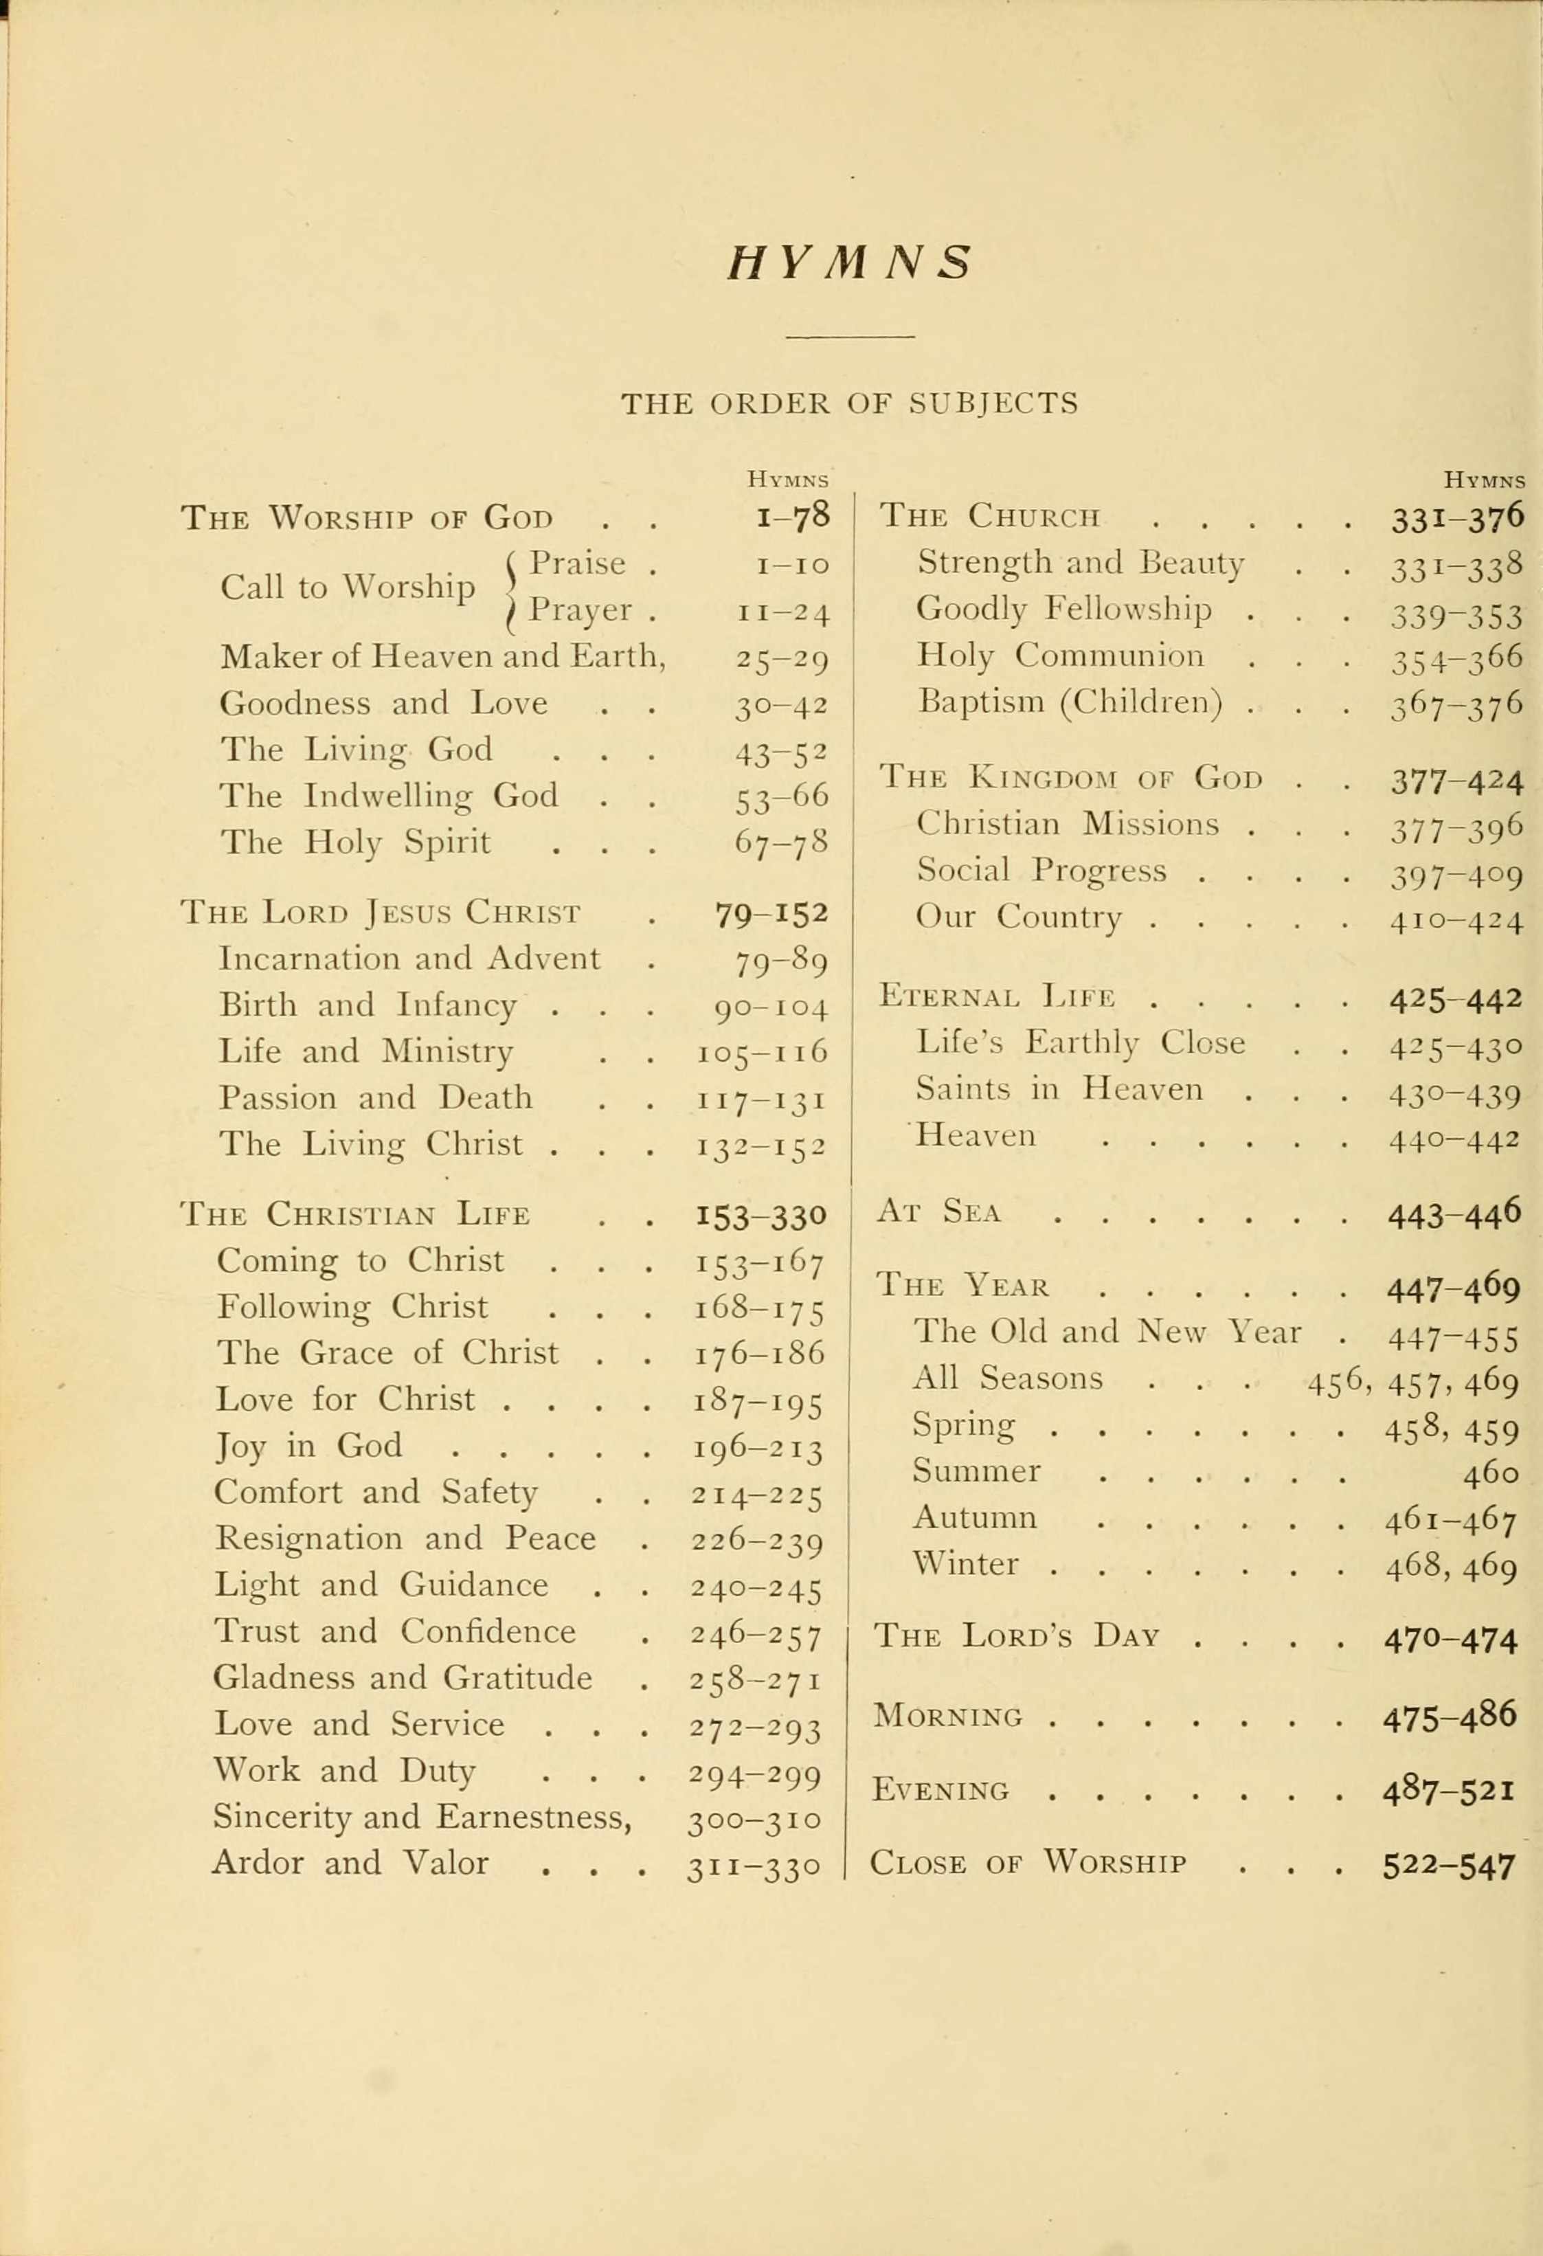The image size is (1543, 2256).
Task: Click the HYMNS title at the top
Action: (849, 263)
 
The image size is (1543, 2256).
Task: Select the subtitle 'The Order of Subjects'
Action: (849, 403)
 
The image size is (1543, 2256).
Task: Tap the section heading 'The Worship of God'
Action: (367, 517)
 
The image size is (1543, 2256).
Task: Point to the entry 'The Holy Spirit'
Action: (355, 842)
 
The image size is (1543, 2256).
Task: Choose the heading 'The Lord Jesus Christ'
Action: (381, 913)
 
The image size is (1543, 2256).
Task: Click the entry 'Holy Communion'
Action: (1061, 656)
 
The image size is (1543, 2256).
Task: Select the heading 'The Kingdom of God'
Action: (1071, 778)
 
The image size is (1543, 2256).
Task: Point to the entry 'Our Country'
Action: (1019, 917)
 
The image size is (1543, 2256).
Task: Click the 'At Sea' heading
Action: (938, 1211)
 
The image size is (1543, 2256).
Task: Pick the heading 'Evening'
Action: (941, 1789)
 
